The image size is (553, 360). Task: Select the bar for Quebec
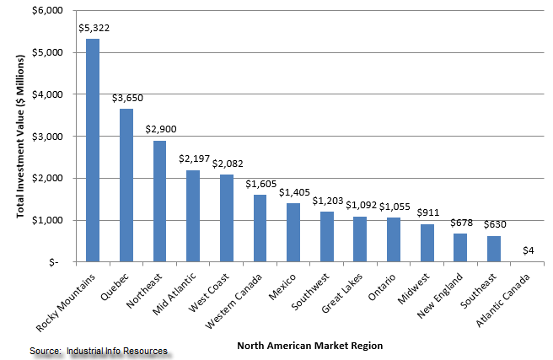pos(126,185)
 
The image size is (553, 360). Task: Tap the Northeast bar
pos(159,201)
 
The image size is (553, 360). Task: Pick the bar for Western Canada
pos(260,228)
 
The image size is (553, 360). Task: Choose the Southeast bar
pos(495,249)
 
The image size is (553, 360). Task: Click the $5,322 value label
pos(94,28)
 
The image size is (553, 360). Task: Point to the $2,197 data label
pos(194,159)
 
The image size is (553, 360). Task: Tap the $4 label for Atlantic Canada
pos(528,250)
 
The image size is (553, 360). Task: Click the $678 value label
pos(461,223)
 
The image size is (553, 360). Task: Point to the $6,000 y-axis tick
pos(47,10)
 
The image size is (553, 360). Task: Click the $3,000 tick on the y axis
pos(47,136)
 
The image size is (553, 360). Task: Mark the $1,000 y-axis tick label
pos(47,220)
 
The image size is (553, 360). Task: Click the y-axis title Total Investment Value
pos(19,135)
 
